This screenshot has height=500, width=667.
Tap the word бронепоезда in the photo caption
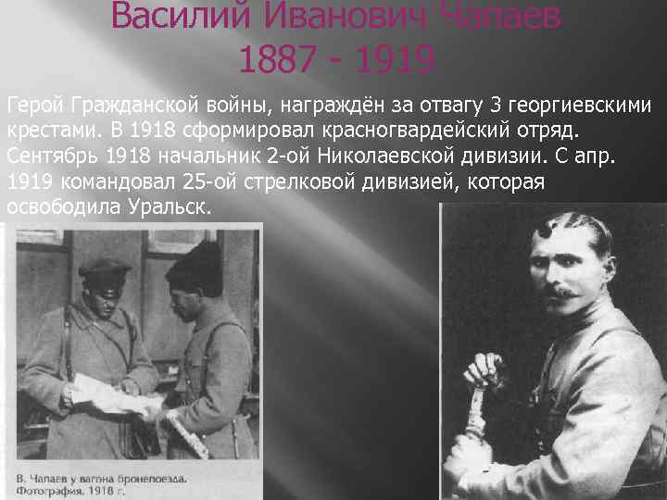click(150, 478)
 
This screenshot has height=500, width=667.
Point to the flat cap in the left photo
click(105, 269)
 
